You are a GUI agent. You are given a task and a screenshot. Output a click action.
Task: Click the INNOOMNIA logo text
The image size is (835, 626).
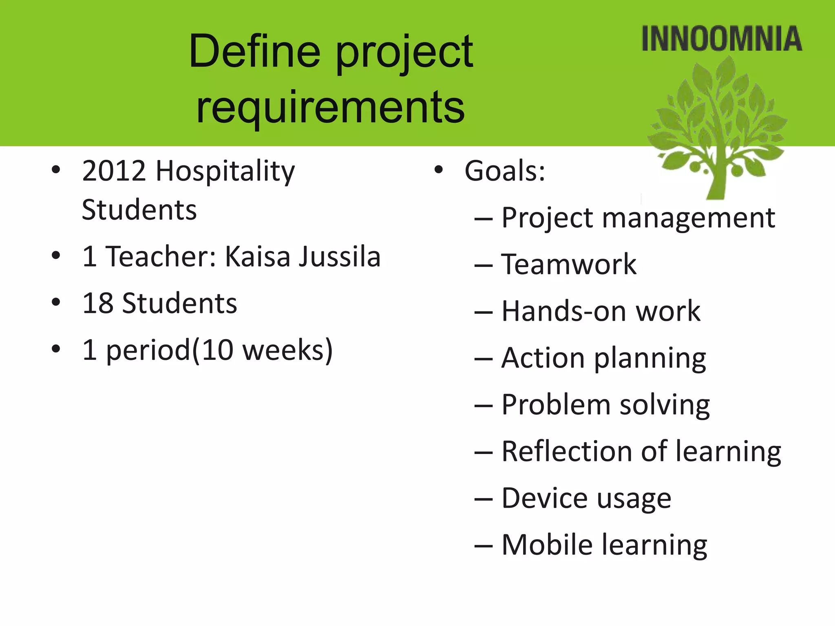pyautogui.click(x=721, y=39)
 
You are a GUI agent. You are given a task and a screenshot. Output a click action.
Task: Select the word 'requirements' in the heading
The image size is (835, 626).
pyautogui.click(x=330, y=107)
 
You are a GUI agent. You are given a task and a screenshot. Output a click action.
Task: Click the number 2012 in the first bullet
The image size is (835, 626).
pyautogui.click(x=114, y=171)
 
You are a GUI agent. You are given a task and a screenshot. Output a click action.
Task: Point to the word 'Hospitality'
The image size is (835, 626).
pyautogui.click(x=225, y=172)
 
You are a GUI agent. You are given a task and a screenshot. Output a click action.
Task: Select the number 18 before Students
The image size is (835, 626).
pyautogui.click(x=97, y=304)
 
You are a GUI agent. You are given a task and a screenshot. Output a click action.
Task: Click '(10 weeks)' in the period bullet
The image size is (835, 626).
pyautogui.click(x=263, y=350)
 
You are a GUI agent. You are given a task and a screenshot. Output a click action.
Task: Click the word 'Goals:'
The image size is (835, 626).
pyautogui.click(x=505, y=171)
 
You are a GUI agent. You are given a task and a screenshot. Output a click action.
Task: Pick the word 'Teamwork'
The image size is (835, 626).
pyautogui.click(x=569, y=265)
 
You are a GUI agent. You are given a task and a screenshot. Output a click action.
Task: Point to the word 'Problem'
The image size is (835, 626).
pyautogui.click(x=556, y=405)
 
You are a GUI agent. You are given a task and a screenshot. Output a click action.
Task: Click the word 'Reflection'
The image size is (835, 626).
pyautogui.click(x=566, y=451)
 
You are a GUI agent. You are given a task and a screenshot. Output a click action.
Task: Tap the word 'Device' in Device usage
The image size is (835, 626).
pyautogui.click(x=545, y=498)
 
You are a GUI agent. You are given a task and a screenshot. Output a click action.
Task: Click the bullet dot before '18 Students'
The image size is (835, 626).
pyautogui.click(x=56, y=302)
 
